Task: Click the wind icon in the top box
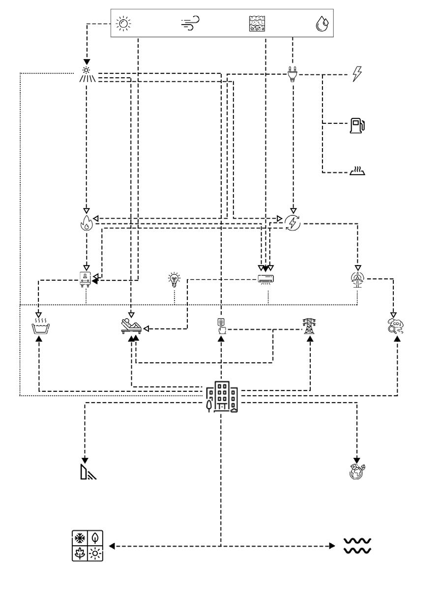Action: click(190, 23)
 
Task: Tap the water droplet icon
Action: click(322, 24)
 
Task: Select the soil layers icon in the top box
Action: click(257, 23)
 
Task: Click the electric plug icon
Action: click(292, 74)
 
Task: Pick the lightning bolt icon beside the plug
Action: click(357, 75)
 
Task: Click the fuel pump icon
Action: click(357, 125)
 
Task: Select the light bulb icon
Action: click(174, 279)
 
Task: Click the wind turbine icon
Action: click(357, 280)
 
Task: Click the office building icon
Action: click(222, 396)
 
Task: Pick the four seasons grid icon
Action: click(87, 546)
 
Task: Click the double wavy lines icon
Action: click(357, 546)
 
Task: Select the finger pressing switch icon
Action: click(221, 326)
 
